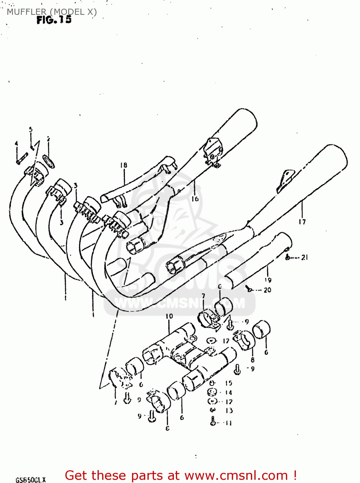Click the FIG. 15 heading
tap(54, 20)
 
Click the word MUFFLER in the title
tap(27, 12)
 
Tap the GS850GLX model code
tap(31, 480)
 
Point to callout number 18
tap(124, 165)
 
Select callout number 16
tap(195, 199)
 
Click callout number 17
tap(302, 222)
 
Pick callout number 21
tap(304, 257)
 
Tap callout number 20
tap(267, 290)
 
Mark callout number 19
tap(268, 280)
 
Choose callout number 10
tap(169, 316)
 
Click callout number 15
tap(229, 383)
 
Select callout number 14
tap(229, 393)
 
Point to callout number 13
tap(229, 411)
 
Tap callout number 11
tap(228, 423)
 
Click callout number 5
tap(31, 130)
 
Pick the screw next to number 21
tap(288, 257)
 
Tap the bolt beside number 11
tap(213, 421)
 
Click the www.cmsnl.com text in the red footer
tap(236, 476)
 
